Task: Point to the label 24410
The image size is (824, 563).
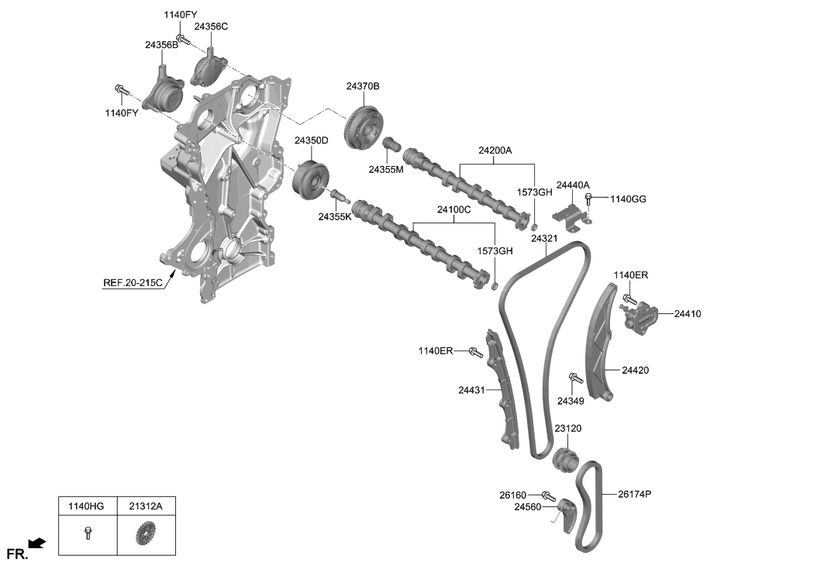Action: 687,314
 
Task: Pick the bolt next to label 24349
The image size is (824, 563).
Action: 575,382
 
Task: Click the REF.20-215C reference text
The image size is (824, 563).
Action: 133,283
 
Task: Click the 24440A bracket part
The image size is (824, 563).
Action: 571,216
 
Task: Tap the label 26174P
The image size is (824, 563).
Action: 636,493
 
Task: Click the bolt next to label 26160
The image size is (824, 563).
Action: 549,495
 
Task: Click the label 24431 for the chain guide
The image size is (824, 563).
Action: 470,390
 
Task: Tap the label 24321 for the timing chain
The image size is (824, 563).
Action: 544,239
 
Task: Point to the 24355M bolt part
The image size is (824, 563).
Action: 391,145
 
